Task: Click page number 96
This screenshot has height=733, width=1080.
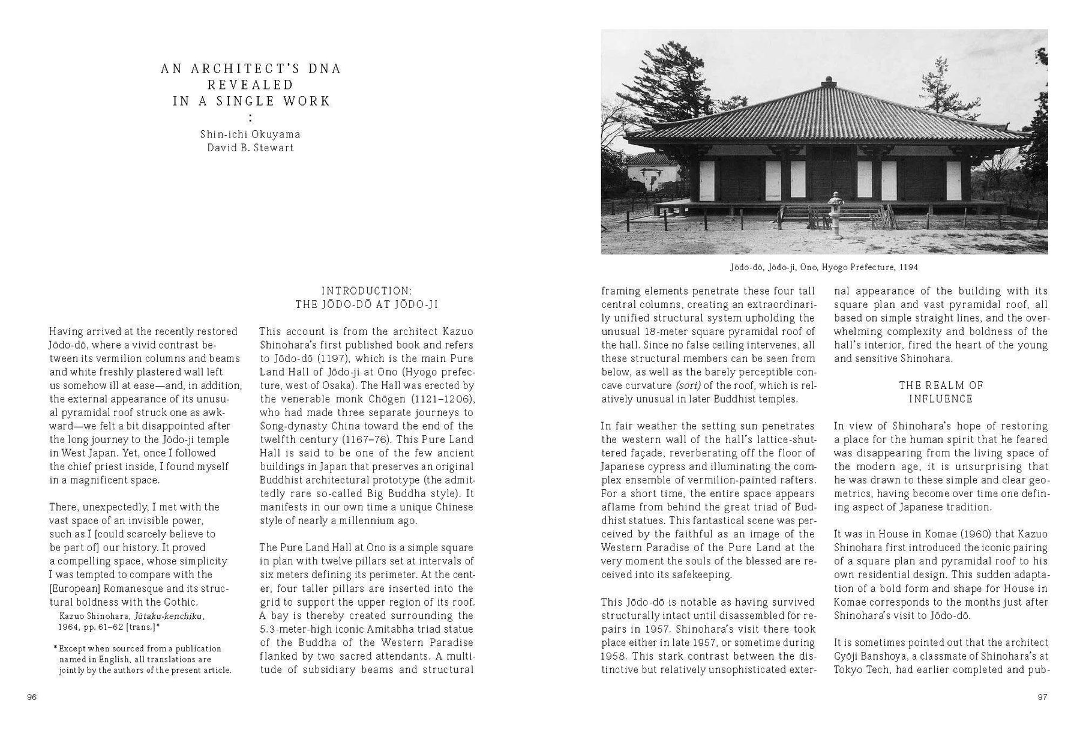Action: click(x=32, y=697)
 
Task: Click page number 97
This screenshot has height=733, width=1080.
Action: click(x=1042, y=697)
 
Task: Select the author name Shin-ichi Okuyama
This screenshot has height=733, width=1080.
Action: click(x=250, y=134)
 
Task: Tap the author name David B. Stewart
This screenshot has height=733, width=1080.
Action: click(x=250, y=148)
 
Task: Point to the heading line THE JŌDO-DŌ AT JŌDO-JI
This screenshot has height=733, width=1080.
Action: click(x=367, y=305)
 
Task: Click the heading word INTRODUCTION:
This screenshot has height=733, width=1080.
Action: click(x=367, y=291)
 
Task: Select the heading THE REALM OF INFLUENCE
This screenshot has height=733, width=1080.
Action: click(x=941, y=392)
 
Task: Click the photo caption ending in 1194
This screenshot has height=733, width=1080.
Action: click(x=824, y=267)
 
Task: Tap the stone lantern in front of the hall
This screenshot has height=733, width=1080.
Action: click(x=834, y=216)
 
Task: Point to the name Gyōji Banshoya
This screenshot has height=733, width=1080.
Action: click(x=874, y=656)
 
